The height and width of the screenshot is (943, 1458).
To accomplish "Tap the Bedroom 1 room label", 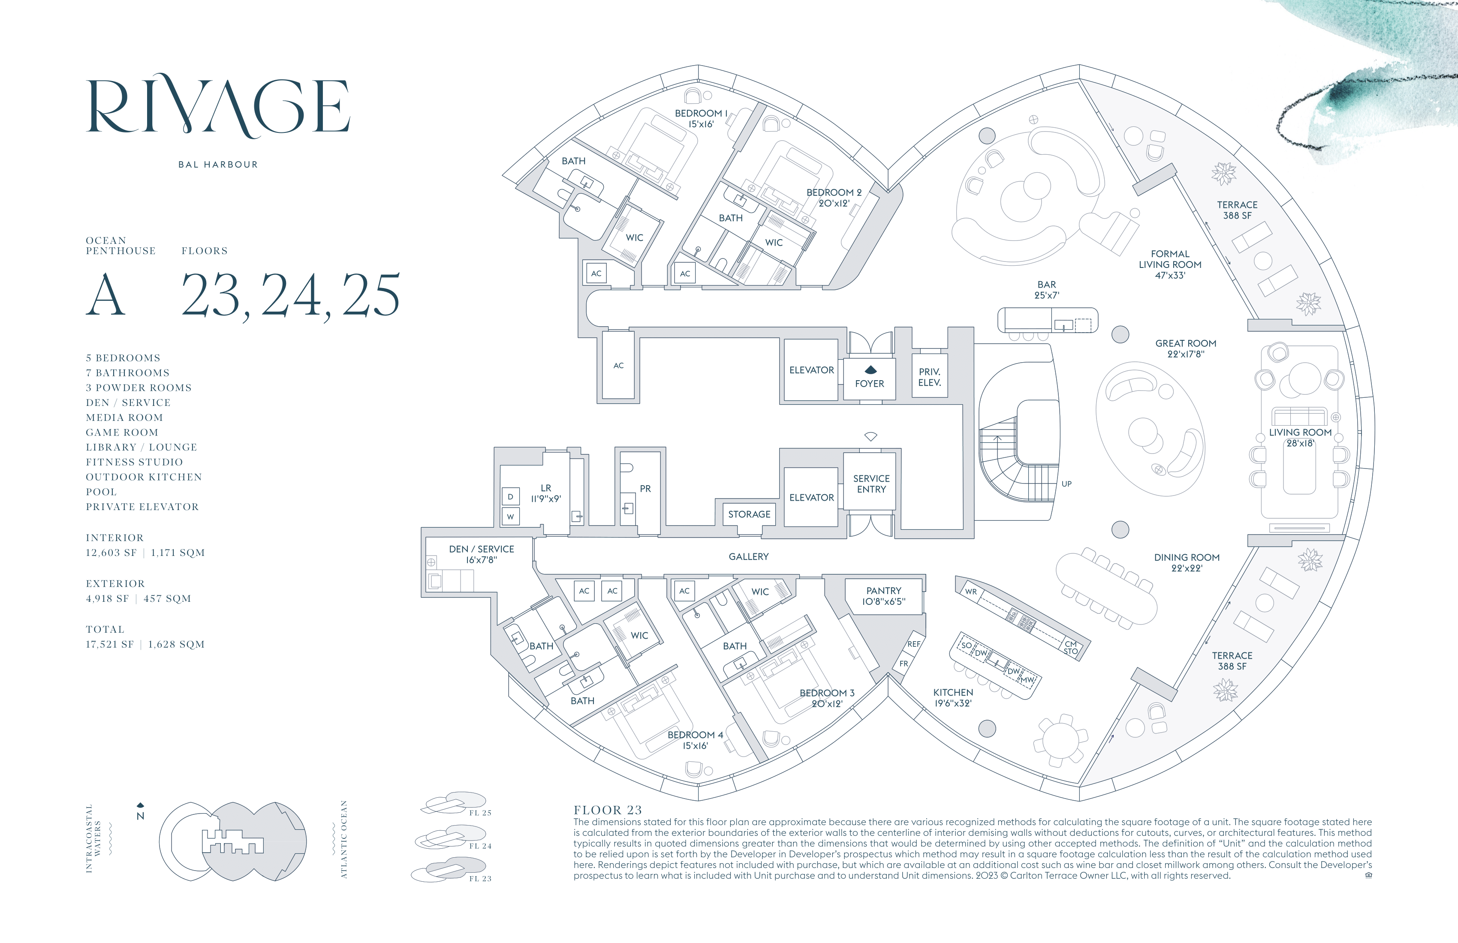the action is tap(701, 119).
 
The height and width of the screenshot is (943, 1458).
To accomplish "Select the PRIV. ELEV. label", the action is tap(929, 377).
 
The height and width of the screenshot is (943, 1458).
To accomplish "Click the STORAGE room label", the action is tap(749, 514).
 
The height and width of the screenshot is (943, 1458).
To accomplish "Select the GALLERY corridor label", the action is tap(748, 557).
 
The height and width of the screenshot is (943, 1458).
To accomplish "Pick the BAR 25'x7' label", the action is tap(1046, 290).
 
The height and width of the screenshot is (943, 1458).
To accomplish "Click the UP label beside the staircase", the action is tap(1066, 484).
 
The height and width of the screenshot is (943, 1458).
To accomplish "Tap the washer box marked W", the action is tap(510, 516).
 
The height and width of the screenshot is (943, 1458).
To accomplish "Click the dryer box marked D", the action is tap(510, 497).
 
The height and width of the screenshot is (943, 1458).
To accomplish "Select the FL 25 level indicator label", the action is tap(480, 813).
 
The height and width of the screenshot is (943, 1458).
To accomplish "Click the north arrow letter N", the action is tap(140, 816).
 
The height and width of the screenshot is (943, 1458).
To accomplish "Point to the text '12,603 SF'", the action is tap(111, 553).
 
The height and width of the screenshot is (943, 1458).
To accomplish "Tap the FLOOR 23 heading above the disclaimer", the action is tap(608, 810).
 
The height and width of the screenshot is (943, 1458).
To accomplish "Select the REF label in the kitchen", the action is tap(913, 644).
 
